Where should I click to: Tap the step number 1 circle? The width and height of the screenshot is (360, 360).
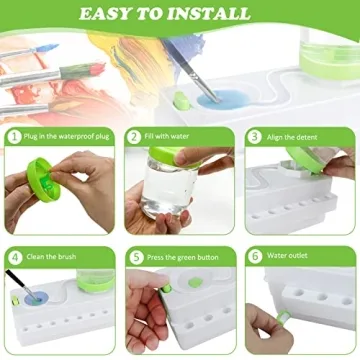click(x=13, y=136)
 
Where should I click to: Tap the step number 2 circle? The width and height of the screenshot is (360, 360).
click(x=133, y=136)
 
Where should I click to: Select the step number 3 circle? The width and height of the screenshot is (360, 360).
click(x=254, y=136)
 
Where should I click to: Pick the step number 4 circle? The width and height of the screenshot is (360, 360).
click(x=13, y=255)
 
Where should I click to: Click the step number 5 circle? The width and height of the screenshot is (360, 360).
click(x=133, y=255)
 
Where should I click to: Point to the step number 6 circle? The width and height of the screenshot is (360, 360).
click(x=254, y=255)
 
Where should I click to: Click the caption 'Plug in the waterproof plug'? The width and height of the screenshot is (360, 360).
click(x=65, y=136)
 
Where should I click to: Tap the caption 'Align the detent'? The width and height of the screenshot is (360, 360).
click(x=291, y=136)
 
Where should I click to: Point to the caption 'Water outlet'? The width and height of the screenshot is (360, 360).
click(x=286, y=255)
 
